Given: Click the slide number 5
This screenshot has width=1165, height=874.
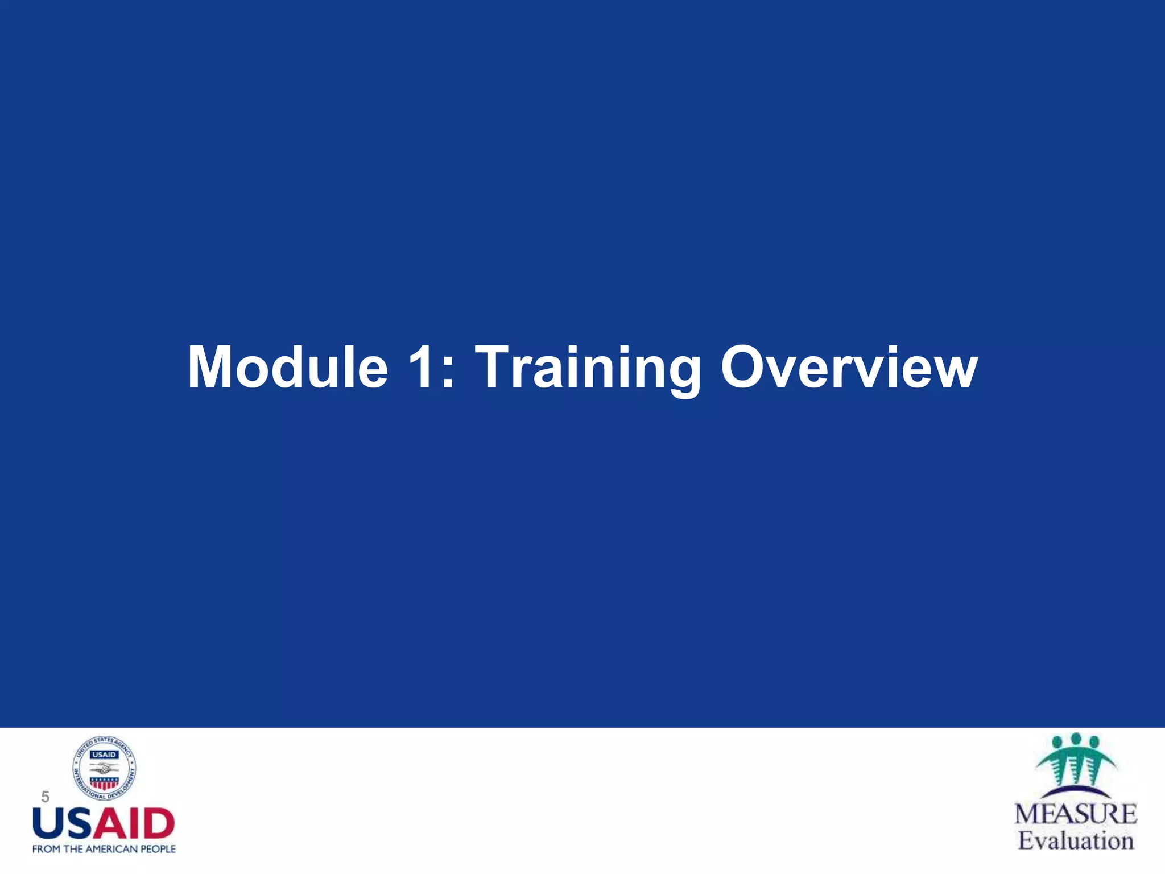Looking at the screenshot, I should (46, 797).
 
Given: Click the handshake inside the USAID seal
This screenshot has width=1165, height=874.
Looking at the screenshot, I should (104, 769).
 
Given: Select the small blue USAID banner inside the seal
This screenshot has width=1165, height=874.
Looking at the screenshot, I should (104, 755).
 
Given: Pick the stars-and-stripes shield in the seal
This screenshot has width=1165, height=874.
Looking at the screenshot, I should (104, 783).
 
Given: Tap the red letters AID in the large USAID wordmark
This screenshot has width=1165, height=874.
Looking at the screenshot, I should (137, 824).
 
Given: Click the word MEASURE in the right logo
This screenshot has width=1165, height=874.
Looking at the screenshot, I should (1075, 814).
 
